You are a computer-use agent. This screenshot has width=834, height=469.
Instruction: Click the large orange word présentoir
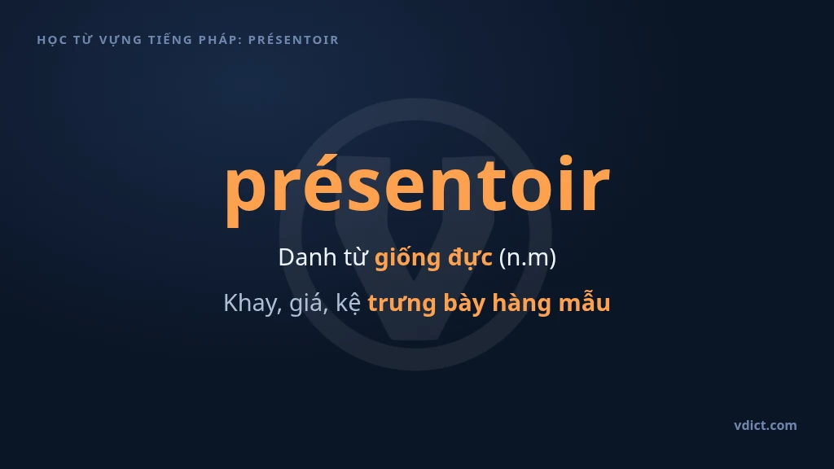point(417,186)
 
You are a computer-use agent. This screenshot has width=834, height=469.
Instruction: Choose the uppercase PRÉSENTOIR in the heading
point(293,40)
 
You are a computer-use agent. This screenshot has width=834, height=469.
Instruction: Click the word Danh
point(307,257)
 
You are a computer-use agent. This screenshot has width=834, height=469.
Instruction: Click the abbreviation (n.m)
point(527,258)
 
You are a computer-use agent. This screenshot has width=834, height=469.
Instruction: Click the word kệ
point(349,303)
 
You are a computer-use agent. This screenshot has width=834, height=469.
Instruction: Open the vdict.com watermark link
point(766,425)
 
